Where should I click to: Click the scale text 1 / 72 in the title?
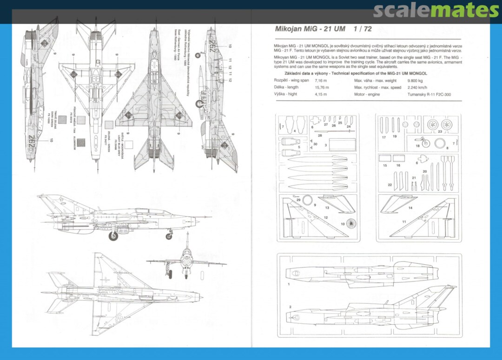362,29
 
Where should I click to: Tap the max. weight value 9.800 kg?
416,80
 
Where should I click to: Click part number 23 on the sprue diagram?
440,131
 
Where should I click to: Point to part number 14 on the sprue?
410,208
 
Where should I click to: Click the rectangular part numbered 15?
385,159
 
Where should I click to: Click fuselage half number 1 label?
289,283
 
